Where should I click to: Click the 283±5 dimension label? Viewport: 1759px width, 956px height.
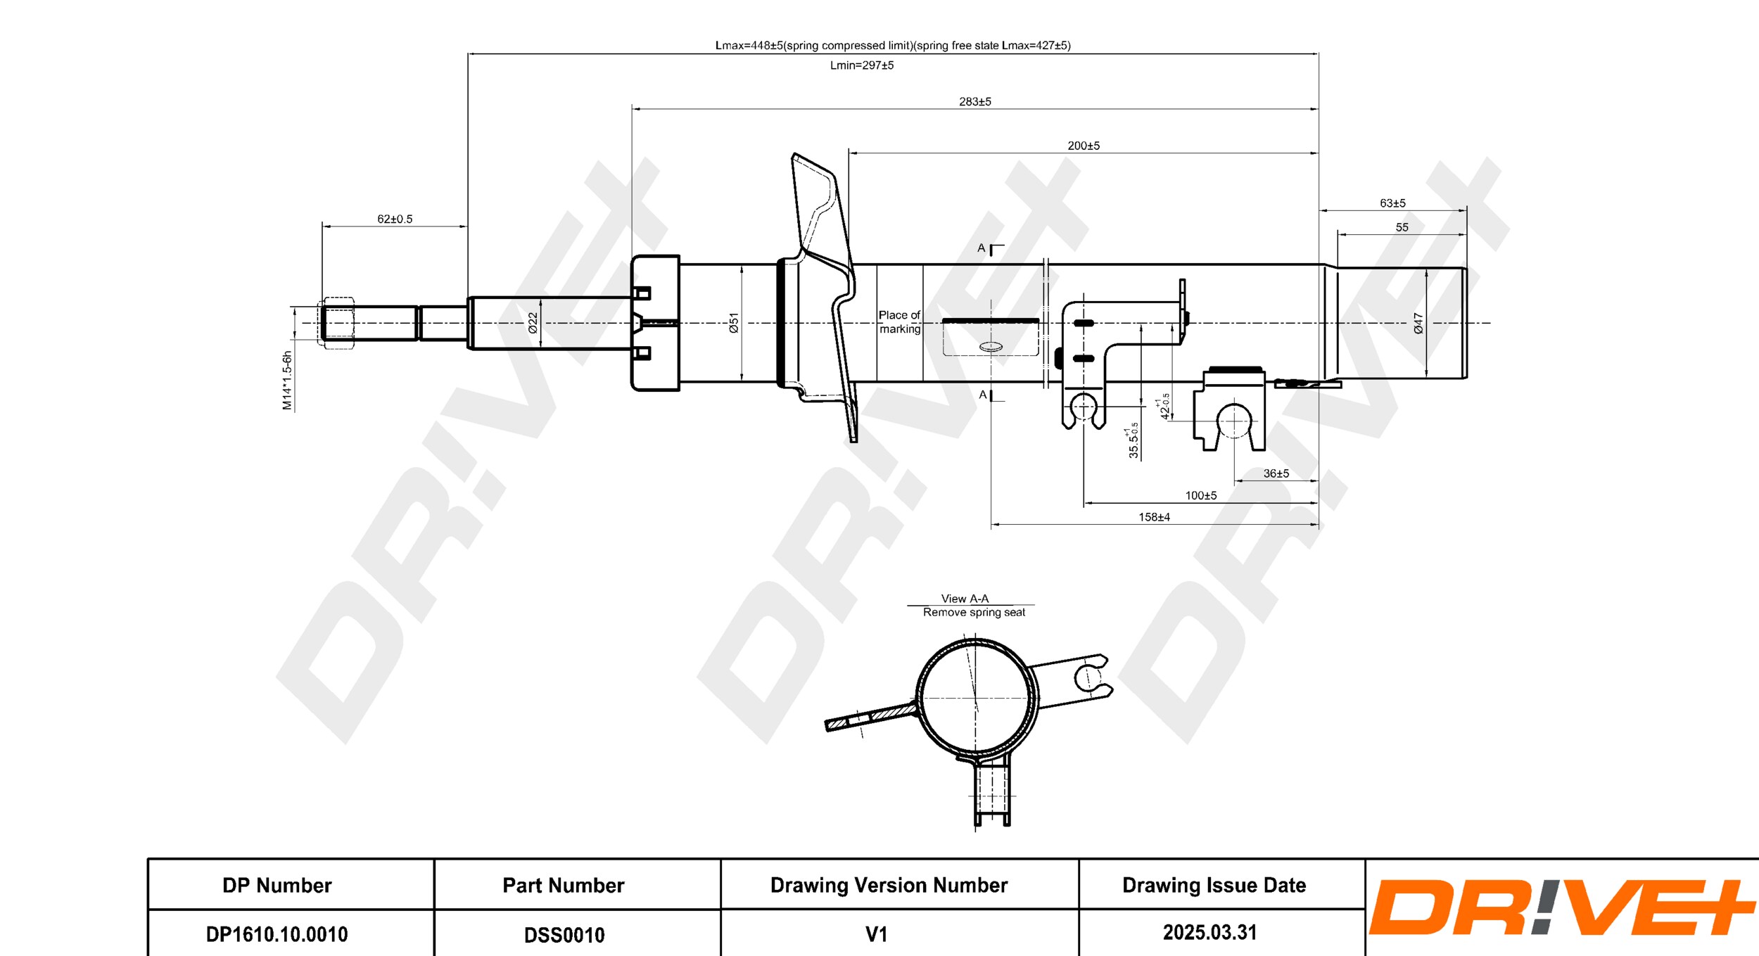pyautogui.click(x=974, y=101)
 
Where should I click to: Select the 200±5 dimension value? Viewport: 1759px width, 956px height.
pyautogui.click(x=1084, y=146)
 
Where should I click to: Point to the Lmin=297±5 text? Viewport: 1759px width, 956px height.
pyautogui.click(x=862, y=65)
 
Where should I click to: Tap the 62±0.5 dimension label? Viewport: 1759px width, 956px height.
pyautogui.click(x=395, y=219)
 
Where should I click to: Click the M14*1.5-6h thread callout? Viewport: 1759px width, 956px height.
pyautogui.click(x=287, y=380)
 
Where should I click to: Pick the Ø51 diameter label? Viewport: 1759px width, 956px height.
pyautogui.click(x=734, y=323)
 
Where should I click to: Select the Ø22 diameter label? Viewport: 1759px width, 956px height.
pyautogui.click(x=533, y=323)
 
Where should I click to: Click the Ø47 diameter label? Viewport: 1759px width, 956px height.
pyautogui.click(x=1418, y=323)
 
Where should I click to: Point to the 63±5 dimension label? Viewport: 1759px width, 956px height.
pyautogui.click(x=1392, y=203)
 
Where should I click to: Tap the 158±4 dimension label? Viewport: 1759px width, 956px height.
pyautogui.click(x=1154, y=517)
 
